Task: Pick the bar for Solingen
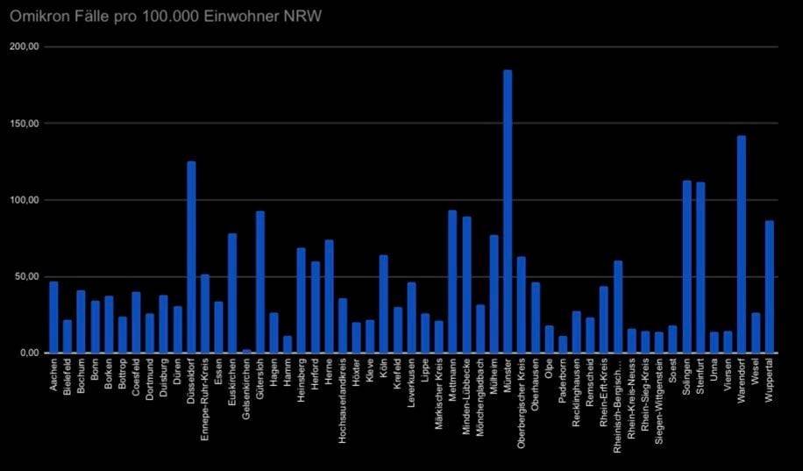[x=686, y=267]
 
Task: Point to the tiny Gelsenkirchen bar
[x=246, y=351]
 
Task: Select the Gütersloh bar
[x=260, y=282]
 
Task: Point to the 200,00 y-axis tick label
[x=24, y=46]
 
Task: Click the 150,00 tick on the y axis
[x=24, y=124]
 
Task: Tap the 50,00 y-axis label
[x=26, y=276]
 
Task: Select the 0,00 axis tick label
[x=29, y=353]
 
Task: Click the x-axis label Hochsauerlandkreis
[x=343, y=394]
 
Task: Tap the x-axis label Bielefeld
[x=68, y=378]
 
